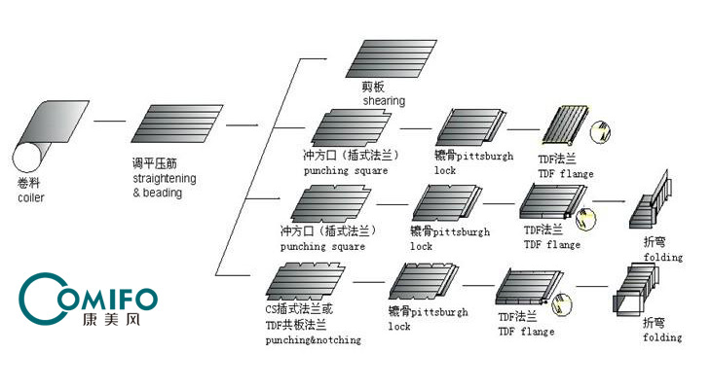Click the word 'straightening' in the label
click(164, 179)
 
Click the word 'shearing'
click(384, 101)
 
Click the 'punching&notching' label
click(313, 339)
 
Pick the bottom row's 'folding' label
click(661, 337)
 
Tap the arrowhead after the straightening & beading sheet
click(255, 124)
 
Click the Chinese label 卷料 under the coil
click(28, 185)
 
